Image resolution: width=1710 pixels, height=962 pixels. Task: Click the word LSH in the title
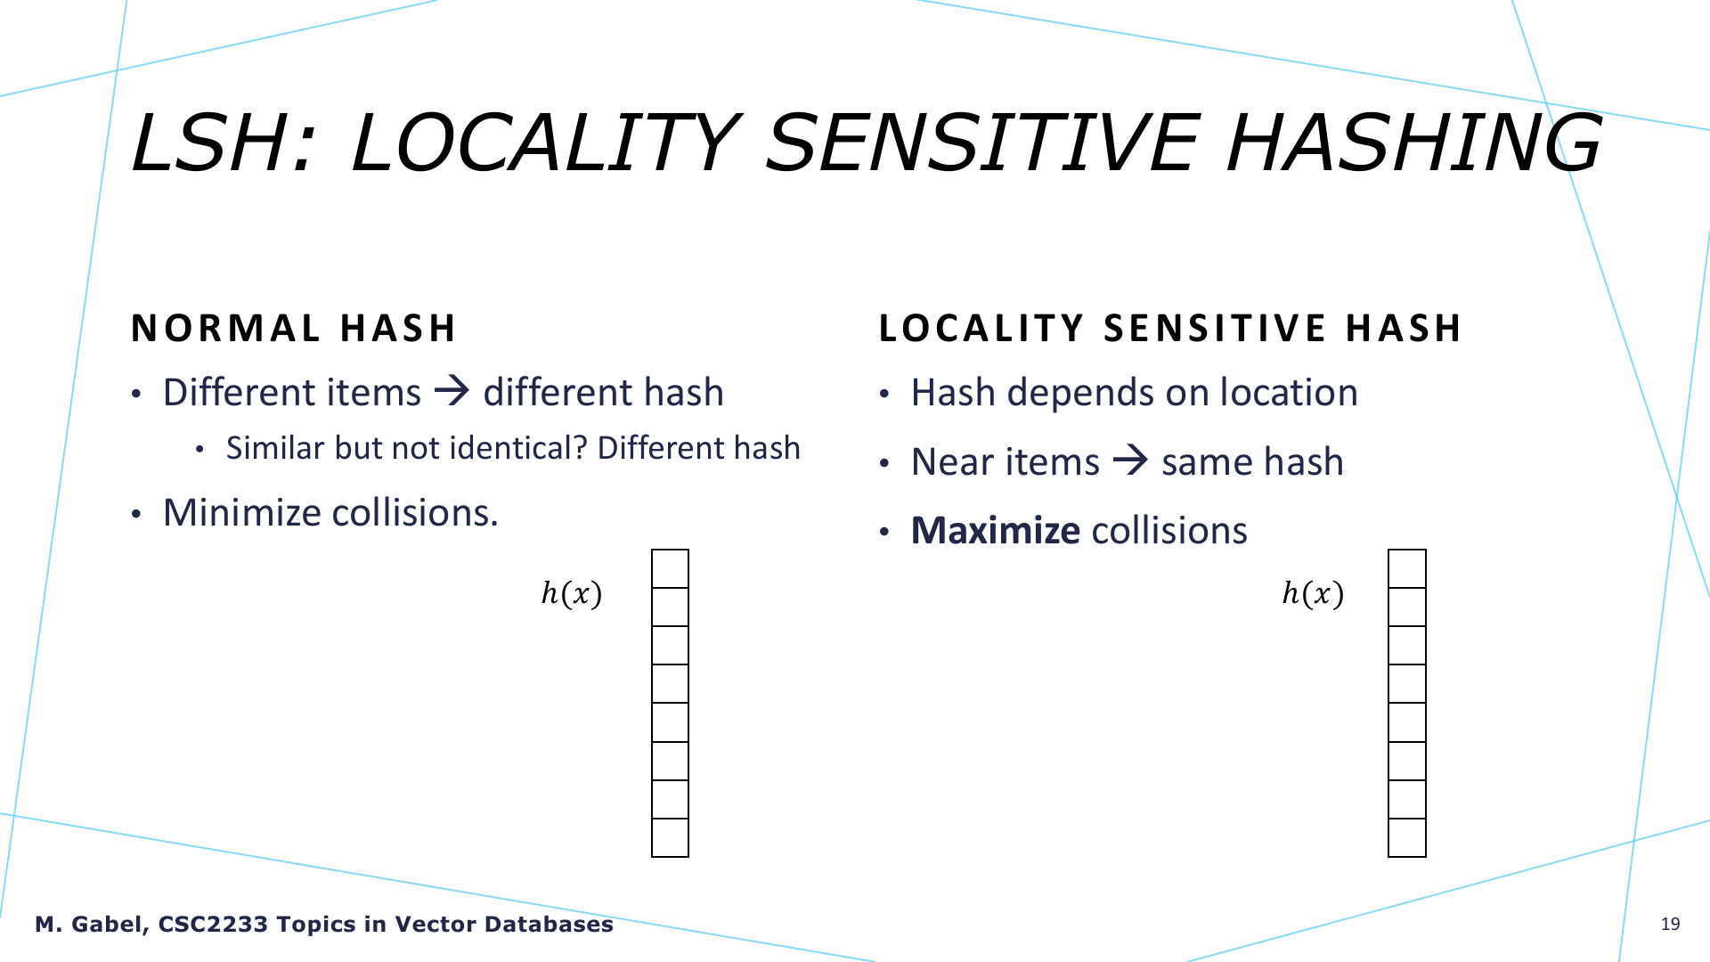pos(223,143)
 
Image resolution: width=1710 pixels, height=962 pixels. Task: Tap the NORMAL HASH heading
pos(294,329)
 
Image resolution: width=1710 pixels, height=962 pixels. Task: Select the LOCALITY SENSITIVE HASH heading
pos(1170,329)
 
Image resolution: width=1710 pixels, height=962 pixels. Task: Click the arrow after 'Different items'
pos(452,391)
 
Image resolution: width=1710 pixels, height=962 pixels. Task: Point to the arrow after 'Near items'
pos(1130,461)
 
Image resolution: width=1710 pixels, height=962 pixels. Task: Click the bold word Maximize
pos(996,531)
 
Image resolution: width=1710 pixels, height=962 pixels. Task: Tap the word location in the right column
pos(1289,392)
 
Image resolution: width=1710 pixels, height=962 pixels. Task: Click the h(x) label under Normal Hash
pos(572,593)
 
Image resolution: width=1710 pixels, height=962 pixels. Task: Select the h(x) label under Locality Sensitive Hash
pos(1313,593)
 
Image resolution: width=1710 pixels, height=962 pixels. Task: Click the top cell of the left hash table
pos(670,568)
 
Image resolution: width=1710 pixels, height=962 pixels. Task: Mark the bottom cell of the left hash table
pos(670,837)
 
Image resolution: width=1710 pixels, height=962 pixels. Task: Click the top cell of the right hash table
pos(1407,568)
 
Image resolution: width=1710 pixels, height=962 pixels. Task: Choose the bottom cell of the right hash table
pos(1407,837)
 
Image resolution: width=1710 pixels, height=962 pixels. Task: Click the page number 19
pos(1670,925)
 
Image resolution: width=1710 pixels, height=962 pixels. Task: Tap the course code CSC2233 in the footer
pos(213,925)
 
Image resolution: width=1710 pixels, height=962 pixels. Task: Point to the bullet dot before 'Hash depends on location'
pos(884,395)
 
